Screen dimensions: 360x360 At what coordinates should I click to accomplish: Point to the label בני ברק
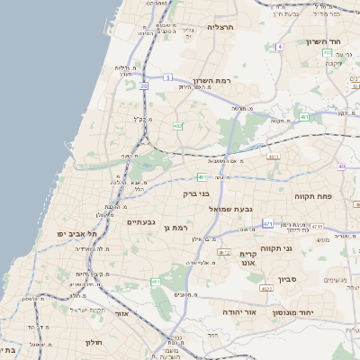point(195,193)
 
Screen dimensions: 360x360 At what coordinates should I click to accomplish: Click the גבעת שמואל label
point(237,209)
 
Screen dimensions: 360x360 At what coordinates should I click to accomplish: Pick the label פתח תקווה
point(314,195)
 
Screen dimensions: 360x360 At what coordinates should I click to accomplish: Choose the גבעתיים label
point(142,222)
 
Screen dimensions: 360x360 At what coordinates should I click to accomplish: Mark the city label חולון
point(94,343)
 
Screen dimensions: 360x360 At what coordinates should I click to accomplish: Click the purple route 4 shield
point(280,46)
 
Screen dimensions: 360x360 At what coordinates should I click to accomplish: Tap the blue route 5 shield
point(167,77)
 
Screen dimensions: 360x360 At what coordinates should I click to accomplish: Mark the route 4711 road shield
point(274,157)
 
